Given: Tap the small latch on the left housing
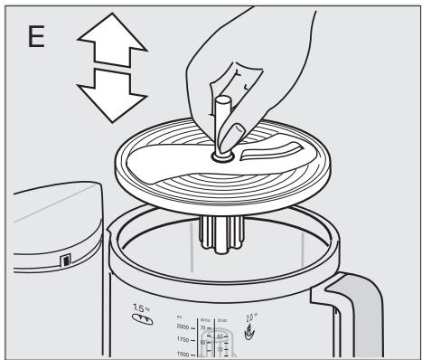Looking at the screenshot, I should pos(63,262).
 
